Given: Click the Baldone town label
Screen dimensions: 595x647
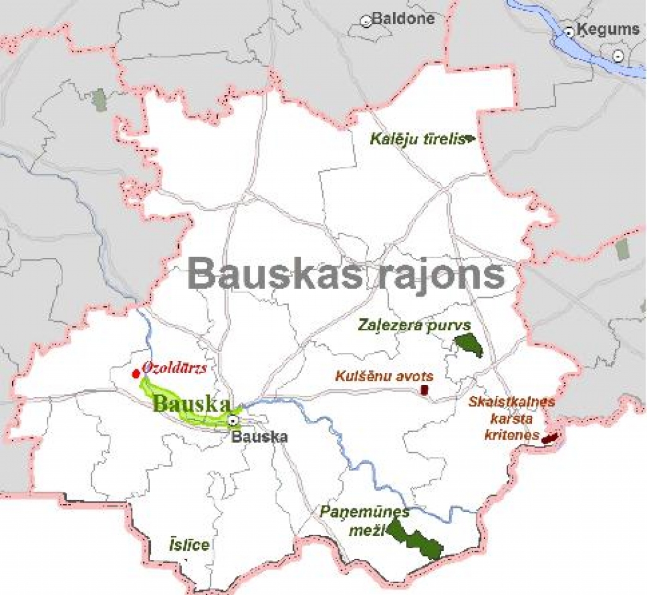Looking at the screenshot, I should point(403,18).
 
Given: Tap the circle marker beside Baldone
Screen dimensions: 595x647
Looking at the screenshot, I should point(366,21).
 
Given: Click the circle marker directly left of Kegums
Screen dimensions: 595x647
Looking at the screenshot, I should point(569,31).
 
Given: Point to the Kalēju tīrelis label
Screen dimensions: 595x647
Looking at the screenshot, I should point(416,138).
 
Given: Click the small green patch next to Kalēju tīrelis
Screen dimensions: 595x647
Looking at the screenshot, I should point(469,137).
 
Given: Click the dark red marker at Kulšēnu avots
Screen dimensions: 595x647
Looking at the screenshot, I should point(425,391).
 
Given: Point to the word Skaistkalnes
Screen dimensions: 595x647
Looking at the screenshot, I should point(512,402).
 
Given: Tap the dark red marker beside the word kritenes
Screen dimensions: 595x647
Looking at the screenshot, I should point(550,437).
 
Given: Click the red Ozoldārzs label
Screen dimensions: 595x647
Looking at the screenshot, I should point(174,367).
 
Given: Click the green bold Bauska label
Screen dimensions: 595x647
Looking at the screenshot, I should point(190,403).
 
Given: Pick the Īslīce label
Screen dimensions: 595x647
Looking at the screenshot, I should point(188,544).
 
